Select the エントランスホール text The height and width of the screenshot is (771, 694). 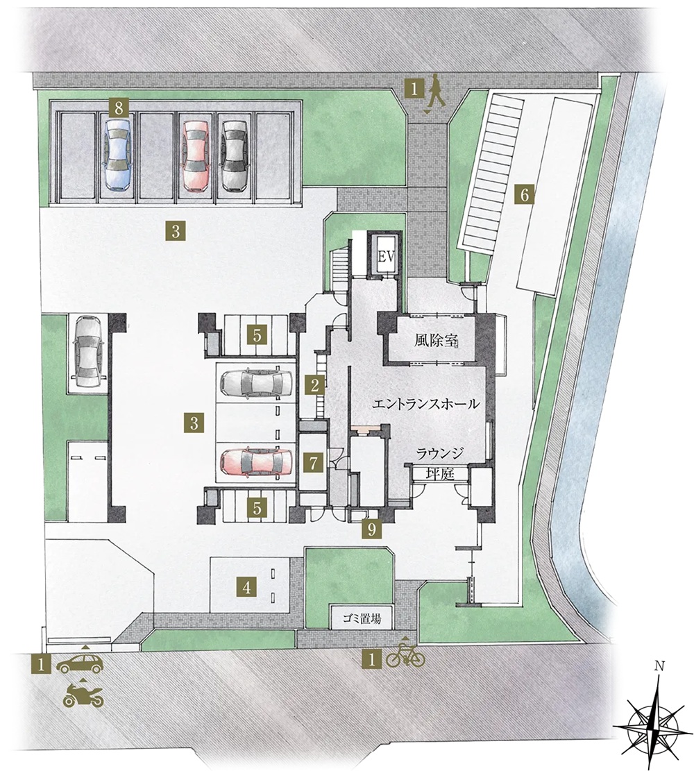(426, 405)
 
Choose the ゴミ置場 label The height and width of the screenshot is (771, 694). (362, 618)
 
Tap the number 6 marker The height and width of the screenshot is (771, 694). (525, 196)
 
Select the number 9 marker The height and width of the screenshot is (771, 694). (371, 529)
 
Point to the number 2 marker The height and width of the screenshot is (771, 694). (315, 385)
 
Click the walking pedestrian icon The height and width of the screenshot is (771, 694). (436, 92)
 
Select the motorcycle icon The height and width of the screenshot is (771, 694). (83, 697)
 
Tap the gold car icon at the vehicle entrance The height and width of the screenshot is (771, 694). (81, 664)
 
